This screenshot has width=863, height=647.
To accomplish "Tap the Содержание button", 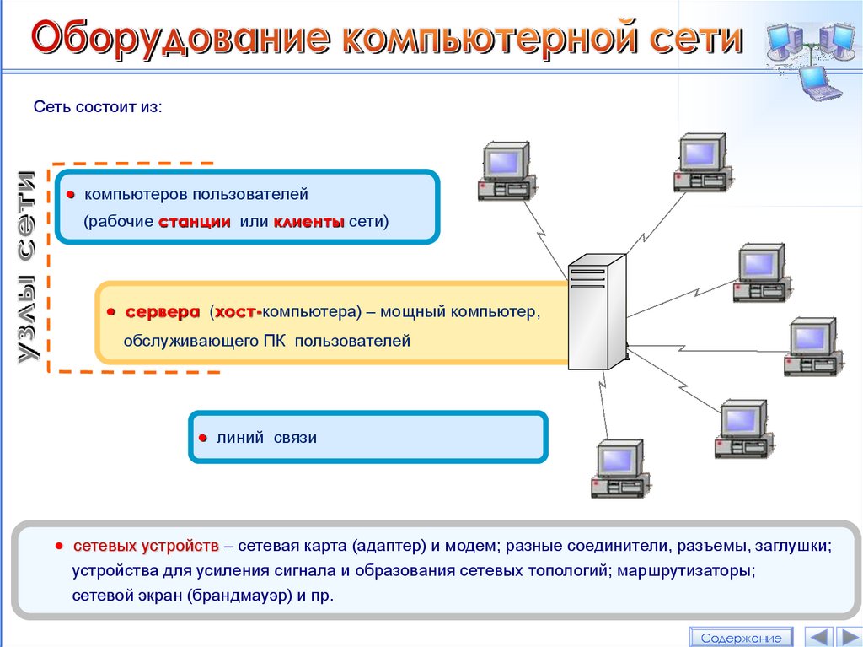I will pyautogui.click(x=741, y=638).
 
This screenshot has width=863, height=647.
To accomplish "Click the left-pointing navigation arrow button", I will pyautogui.click(x=817, y=637).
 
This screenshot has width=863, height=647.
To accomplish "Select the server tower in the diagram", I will pyautogui.click(x=597, y=311).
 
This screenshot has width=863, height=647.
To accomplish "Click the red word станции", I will pyautogui.click(x=194, y=222).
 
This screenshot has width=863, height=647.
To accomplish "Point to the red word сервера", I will pyautogui.click(x=163, y=312).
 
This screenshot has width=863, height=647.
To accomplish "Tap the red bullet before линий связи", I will pyautogui.click(x=203, y=439).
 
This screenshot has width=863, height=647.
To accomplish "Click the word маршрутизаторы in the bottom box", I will pyautogui.click(x=686, y=570).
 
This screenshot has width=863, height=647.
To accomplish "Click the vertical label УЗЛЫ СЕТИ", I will pyautogui.click(x=28, y=268).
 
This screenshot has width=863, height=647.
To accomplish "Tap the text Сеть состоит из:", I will pyautogui.click(x=96, y=108).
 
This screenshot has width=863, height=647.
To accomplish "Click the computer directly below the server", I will pyautogui.click(x=619, y=467).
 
